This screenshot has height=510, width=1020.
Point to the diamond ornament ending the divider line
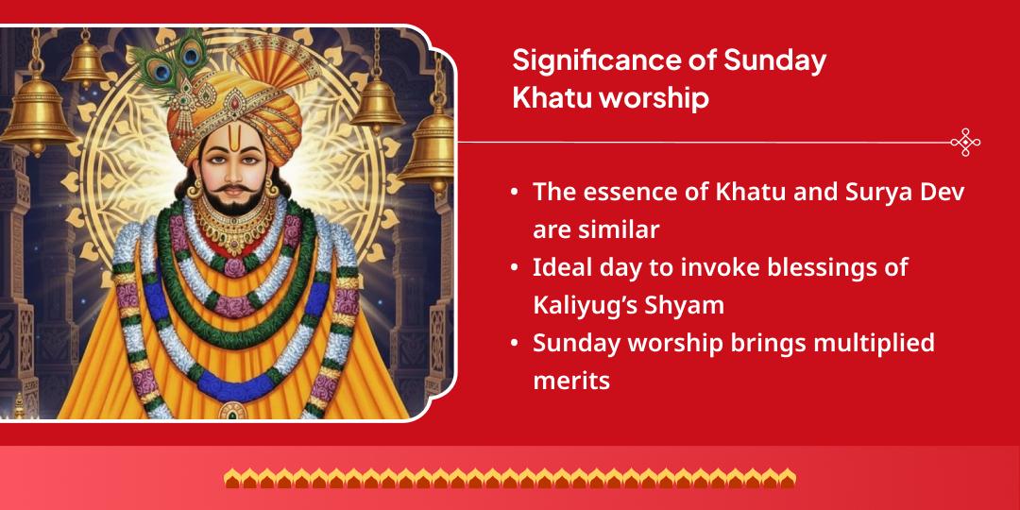pos(964,143)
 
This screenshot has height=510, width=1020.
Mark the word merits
pos(570,381)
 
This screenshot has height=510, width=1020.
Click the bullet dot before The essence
pos(514,192)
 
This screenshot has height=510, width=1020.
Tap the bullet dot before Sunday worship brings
pos(514,344)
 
